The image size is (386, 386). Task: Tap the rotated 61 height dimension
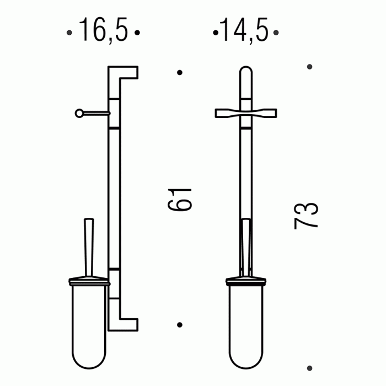pyautogui.click(x=179, y=200)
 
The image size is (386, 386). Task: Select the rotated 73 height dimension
pyautogui.click(x=306, y=216)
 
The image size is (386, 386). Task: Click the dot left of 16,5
pyautogui.click(x=69, y=33)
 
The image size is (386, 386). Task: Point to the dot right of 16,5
pyautogui.click(x=137, y=33)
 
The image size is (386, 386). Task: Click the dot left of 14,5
pyautogui.click(x=216, y=33)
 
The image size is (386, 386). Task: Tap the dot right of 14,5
pyautogui.click(x=276, y=33)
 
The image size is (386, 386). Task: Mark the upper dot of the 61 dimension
pyautogui.click(x=180, y=72)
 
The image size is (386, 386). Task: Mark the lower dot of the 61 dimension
pyautogui.click(x=180, y=325)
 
